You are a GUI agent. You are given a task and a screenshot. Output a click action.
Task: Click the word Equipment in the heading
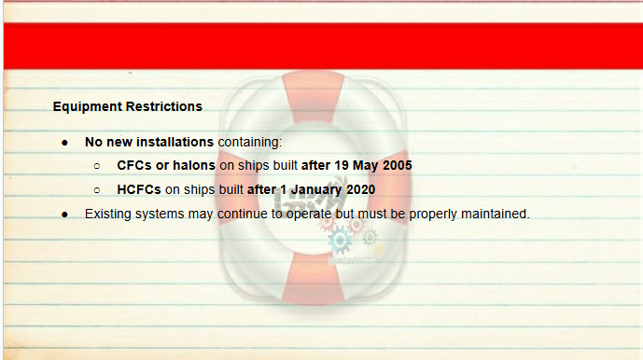pyautogui.click(x=88, y=107)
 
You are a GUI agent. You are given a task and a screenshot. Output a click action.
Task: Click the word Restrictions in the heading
pyautogui.click(x=164, y=106)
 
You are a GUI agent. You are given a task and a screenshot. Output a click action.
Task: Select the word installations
pyautogui.click(x=175, y=142)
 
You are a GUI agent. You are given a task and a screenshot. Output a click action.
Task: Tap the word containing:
pyautogui.click(x=250, y=143)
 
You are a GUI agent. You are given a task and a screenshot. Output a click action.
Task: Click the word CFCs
pyautogui.click(x=134, y=165)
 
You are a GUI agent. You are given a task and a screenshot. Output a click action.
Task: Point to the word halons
pyautogui.click(x=194, y=165)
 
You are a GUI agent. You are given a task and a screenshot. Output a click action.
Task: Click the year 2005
pyautogui.click(x=397, y=165)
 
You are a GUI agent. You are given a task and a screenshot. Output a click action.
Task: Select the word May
pyautogui.click(x=365, y=166)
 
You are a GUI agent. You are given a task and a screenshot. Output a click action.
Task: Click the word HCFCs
pyautogui.click(x=139, y=189)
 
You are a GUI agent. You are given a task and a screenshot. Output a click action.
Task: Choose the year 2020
pyautogui.click(x=361, y=189)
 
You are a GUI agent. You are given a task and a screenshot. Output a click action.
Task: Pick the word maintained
pyautogui.click(x=496, y=214)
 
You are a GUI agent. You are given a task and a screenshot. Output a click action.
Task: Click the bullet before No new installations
pyautogui.click(x=64, y=143)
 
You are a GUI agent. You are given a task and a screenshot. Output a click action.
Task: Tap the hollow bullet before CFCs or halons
pyautogui.click(x=97, y=166)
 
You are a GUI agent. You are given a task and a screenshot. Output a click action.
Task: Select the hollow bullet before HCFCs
pyautogui.click(x=97, y=190)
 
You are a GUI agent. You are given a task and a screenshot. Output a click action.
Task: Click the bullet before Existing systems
pyautogui.click(x=64, y=215)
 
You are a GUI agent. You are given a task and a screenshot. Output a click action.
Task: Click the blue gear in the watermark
pyautogui.click(x=340, y=241)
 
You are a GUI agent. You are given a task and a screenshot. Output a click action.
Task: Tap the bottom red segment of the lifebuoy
pyautogui.click(x=313, y=278)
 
